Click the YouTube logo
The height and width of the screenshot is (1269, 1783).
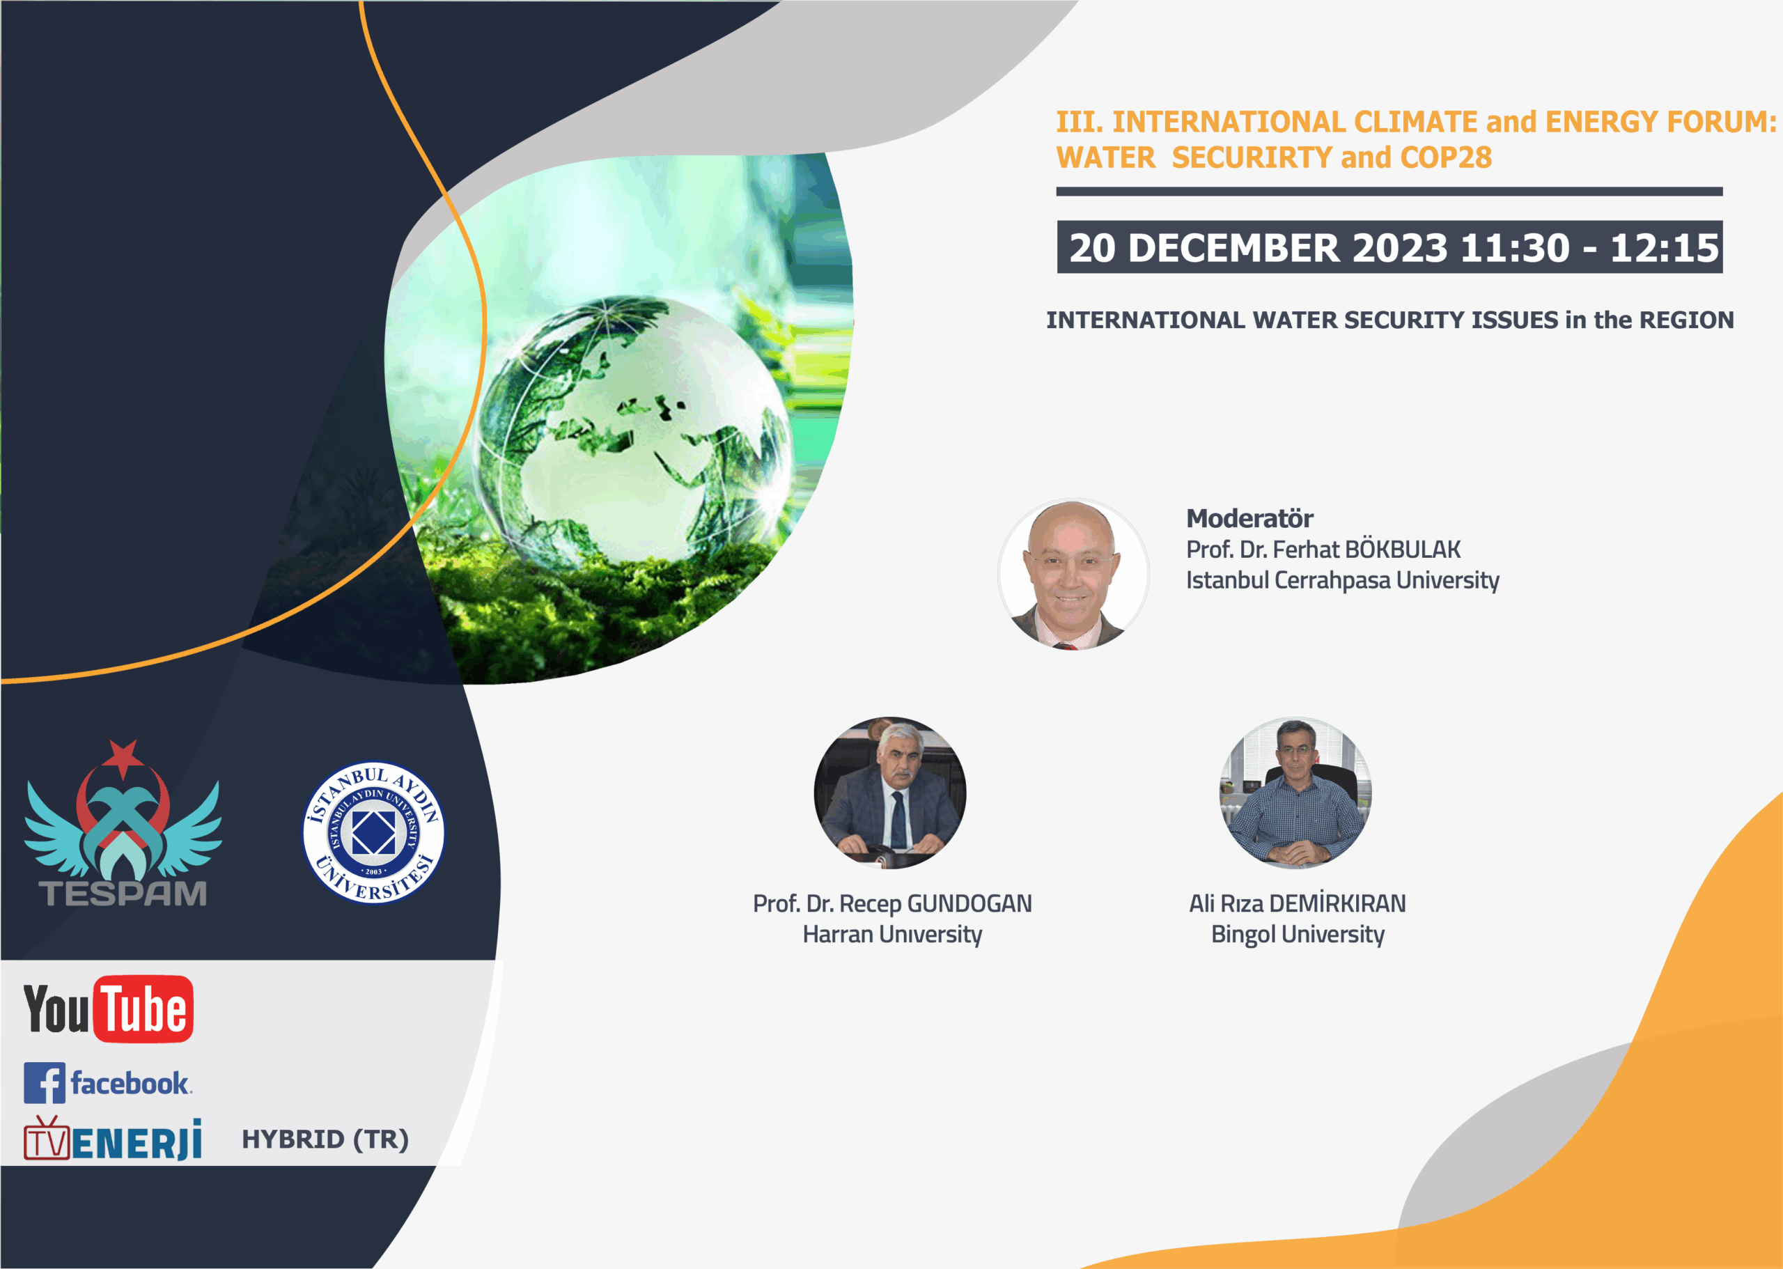click(109, 1009)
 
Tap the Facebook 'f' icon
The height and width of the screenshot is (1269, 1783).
click(44, 1083)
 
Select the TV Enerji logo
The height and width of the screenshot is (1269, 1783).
click(113, 1139)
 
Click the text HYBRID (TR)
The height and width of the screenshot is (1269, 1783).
click(325, 1139)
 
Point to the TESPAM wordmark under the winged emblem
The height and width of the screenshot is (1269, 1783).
click(123, 893)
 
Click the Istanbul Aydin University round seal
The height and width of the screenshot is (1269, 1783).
click(373, 832)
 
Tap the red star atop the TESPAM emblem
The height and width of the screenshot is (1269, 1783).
click(123, 757)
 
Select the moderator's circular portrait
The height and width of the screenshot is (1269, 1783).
click(1073, 575)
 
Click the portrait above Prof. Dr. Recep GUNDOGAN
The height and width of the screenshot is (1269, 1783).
click(890, 793)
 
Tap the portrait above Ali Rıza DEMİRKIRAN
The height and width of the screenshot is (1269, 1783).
click(1296, 793)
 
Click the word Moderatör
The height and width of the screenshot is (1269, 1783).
click(1249, 518)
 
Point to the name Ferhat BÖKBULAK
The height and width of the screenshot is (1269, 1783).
click(1367, 550)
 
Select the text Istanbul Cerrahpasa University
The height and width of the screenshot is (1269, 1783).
click(1342, 579)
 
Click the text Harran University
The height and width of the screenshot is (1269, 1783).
click(892, 934)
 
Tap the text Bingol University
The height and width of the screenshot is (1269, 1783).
click(1298, 934)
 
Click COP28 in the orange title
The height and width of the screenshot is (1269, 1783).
click(1445, 157)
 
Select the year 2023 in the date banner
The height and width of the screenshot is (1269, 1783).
click(1400, 248)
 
